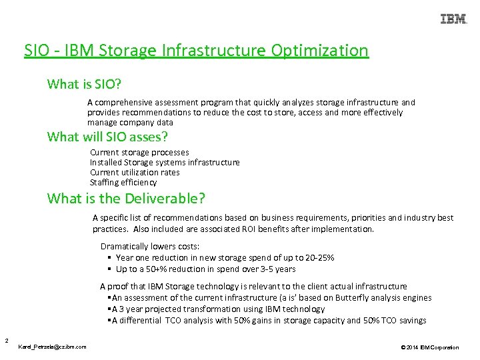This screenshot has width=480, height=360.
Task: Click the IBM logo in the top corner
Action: point(453,19)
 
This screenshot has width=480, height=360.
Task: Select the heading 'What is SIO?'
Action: point(84,85)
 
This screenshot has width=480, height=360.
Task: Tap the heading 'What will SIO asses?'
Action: point(107,137)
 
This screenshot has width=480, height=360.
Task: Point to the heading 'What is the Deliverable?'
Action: point(126,199)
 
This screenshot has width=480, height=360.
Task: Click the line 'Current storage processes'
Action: point(139,153)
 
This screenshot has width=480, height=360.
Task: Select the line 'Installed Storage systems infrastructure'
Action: point(165,163)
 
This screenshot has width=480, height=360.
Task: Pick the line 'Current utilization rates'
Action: point(135,173)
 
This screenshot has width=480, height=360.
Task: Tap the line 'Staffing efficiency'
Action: point(123,183)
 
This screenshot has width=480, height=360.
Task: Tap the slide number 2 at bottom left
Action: point(5,341)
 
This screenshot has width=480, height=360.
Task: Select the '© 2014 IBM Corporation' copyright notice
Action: point(430,347)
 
